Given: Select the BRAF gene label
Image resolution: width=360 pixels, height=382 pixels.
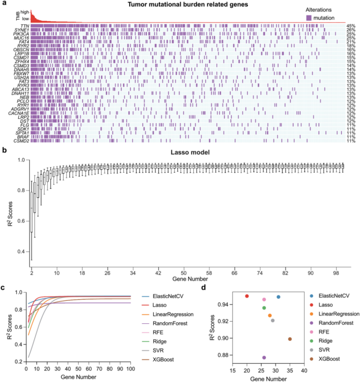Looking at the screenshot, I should pos(23,136).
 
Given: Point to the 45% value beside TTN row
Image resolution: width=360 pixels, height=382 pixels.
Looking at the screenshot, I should pos(351,26).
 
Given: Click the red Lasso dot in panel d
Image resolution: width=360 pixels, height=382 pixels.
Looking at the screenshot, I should pos(247,296).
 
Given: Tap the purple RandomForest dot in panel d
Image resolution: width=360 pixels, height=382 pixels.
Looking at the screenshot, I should pos(264,358).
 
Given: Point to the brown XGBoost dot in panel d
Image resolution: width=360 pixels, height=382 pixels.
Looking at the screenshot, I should pos(290,339).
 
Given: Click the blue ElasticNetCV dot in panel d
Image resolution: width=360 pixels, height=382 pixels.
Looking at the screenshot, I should pos(279,297).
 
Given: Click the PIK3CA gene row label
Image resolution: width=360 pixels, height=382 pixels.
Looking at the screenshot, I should pos(21,33).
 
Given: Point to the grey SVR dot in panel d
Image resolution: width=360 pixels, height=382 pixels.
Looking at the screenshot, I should pos(272,321).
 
